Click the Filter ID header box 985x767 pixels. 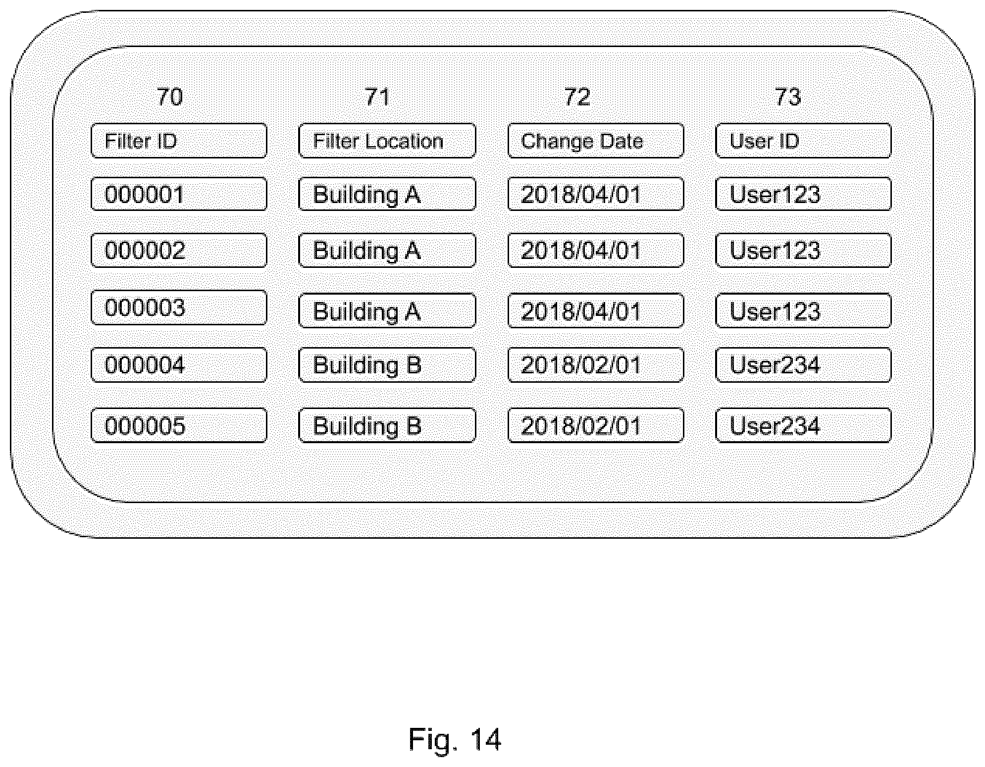[x=179, y=141]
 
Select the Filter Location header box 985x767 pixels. [x=387, y=141]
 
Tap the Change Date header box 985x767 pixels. [x=596, y=141]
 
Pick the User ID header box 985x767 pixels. [x=803, y=141]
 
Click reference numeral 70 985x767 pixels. [x=169, y=97]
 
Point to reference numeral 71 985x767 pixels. [x=377, y=97]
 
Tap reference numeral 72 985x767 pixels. [x=577, y=97]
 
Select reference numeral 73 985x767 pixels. [x=787, y=97]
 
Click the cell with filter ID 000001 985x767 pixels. [x=179, y=194]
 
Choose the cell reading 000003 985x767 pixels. [x=179, y=307]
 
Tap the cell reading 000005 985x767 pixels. [x=179, y=425]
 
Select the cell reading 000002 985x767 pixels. [x=179, y=250]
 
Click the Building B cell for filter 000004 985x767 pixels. [x=387, y=365]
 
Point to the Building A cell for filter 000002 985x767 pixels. [x=387, y=250]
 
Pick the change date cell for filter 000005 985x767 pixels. [x=596, y=425]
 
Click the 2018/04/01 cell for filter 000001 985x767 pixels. [x=596, y=194]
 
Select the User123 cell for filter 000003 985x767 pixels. [x=803, y=310]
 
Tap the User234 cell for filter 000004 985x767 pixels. [x=803, y=365]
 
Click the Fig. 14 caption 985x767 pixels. [x=455, y=740]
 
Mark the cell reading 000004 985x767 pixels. [x=179, y=365]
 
